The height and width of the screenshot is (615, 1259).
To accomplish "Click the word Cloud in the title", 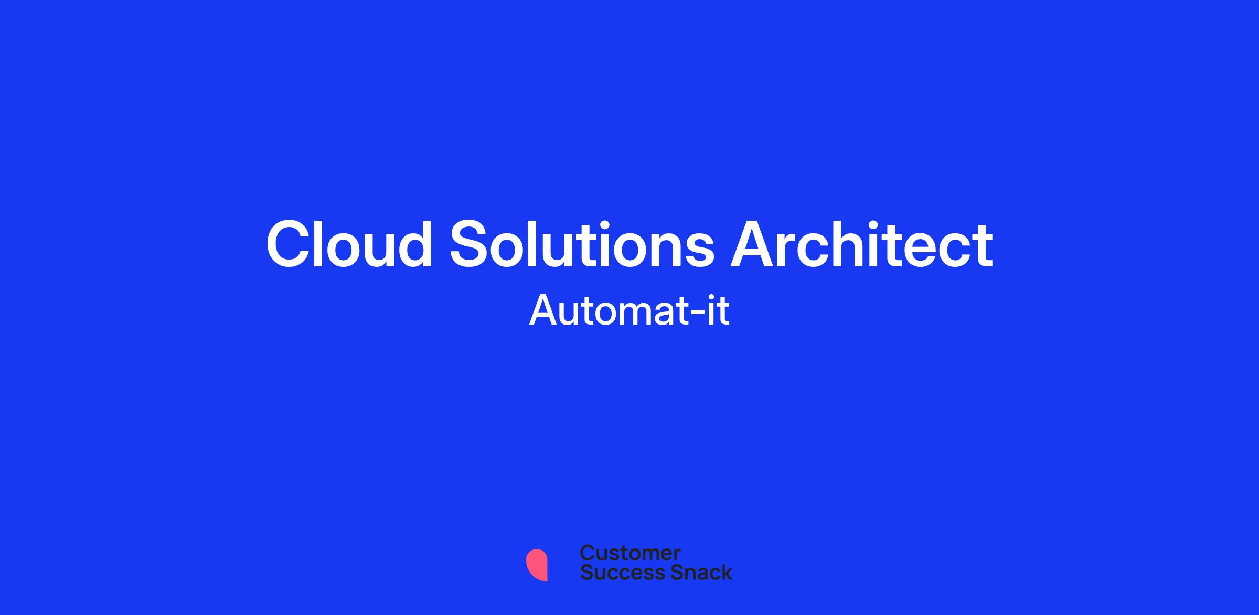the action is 349,244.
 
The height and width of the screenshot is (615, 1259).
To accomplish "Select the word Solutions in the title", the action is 582,244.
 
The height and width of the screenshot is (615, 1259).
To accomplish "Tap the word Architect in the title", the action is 862,244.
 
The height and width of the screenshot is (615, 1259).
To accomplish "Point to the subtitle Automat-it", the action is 629,310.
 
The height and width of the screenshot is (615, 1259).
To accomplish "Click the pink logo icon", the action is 537,565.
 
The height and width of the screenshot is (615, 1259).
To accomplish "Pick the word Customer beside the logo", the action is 630,553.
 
